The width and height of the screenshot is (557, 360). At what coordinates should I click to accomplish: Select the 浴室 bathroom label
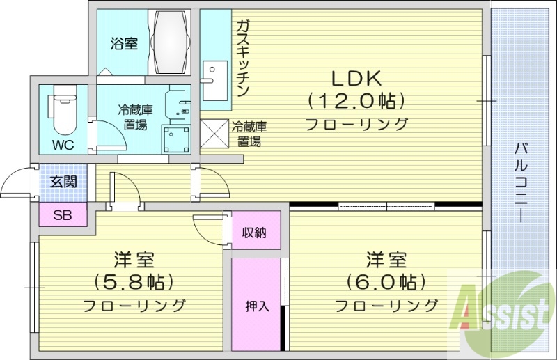pos(124,44)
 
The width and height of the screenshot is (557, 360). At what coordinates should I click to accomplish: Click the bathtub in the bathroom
pos(171,41)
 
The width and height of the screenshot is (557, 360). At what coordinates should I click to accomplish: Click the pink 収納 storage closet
pos(254,233)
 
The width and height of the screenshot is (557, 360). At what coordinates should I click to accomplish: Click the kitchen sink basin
pos(215,72)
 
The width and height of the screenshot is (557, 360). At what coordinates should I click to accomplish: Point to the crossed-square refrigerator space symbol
pos(213,134)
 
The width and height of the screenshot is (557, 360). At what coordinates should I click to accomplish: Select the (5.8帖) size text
pos(133,282)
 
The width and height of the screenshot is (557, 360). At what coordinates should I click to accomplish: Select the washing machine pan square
pos(177,139)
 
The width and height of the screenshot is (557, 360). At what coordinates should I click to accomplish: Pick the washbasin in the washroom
pos(179,104)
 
